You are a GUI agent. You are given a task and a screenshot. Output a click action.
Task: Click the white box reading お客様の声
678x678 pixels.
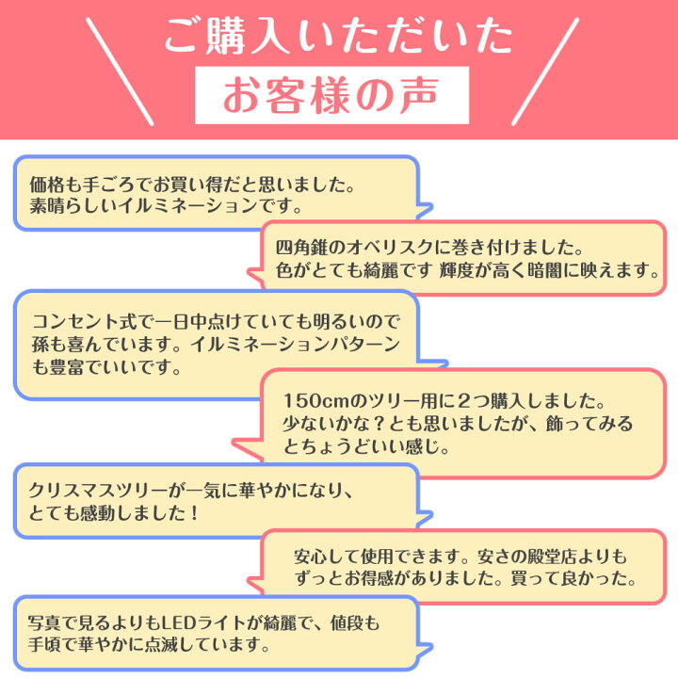point(331,95)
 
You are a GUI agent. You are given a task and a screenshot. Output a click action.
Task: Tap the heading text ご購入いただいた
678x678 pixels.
point(339,36)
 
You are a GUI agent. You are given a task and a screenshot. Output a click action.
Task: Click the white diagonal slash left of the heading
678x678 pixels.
point(120,72)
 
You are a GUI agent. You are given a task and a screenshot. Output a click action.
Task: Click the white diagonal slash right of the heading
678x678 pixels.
point(545,72)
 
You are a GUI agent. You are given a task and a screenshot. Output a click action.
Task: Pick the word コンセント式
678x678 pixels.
point(86,322)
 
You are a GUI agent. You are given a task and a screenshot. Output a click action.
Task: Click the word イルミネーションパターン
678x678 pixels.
point(296,345)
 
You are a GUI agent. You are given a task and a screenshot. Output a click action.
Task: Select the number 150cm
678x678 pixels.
point(315,401)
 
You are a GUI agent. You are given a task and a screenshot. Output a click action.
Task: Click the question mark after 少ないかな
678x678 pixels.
point(379,424)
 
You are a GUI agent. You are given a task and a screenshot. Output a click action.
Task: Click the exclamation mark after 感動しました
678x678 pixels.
point(194,513)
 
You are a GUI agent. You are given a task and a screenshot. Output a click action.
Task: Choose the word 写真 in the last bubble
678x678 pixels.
point(45,623)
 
